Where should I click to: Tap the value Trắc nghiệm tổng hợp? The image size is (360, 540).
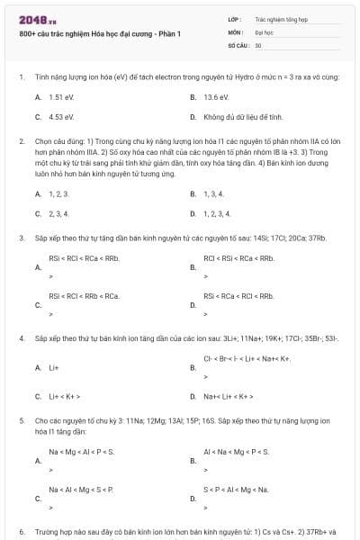pyautogui.click(x=282, y=18)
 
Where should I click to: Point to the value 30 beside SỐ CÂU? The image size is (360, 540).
pyautogui.click(x=258, y=44)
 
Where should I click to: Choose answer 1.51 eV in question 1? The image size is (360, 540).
pyautogui.click(x=61, y=96)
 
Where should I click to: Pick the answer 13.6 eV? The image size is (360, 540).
pyautogui.click(x=216, y=96)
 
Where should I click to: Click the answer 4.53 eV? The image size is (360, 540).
pyautogui.click(x=61, y=116)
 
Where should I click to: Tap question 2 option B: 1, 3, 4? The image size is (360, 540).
pyautogui.click(x=216, y=193)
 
